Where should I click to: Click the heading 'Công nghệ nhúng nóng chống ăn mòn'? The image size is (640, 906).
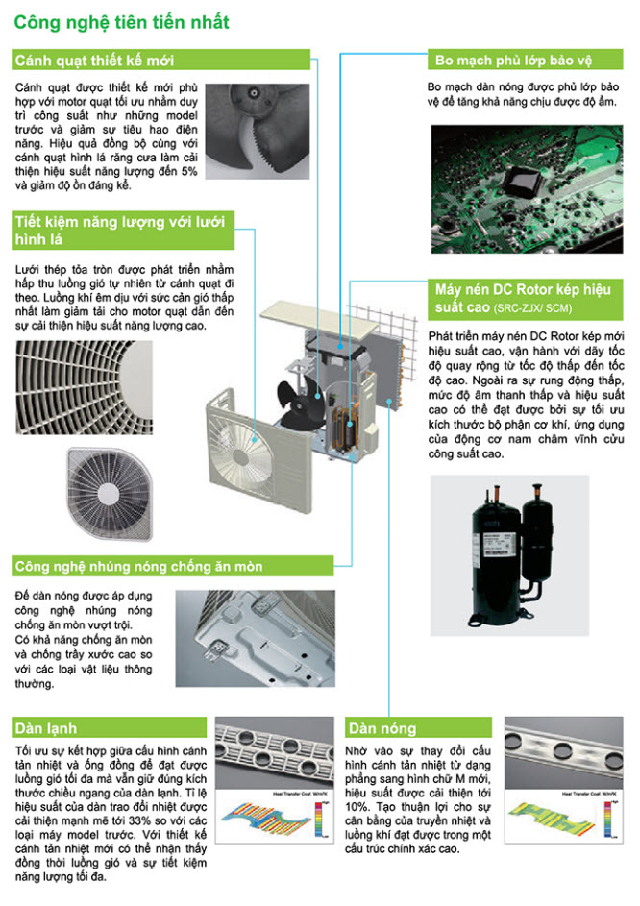pos(138,566)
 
